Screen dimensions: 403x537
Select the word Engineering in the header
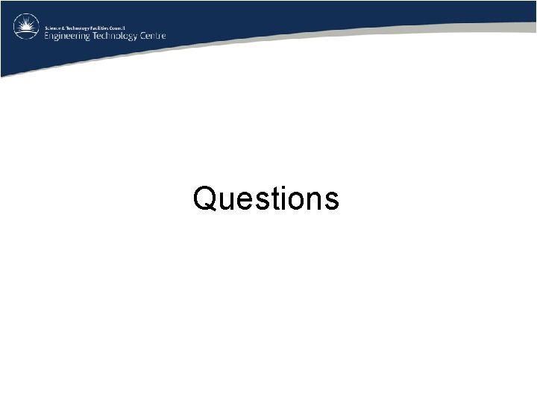click(x=66, y=35)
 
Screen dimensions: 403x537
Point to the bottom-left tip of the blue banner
click(x=1, y=76)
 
